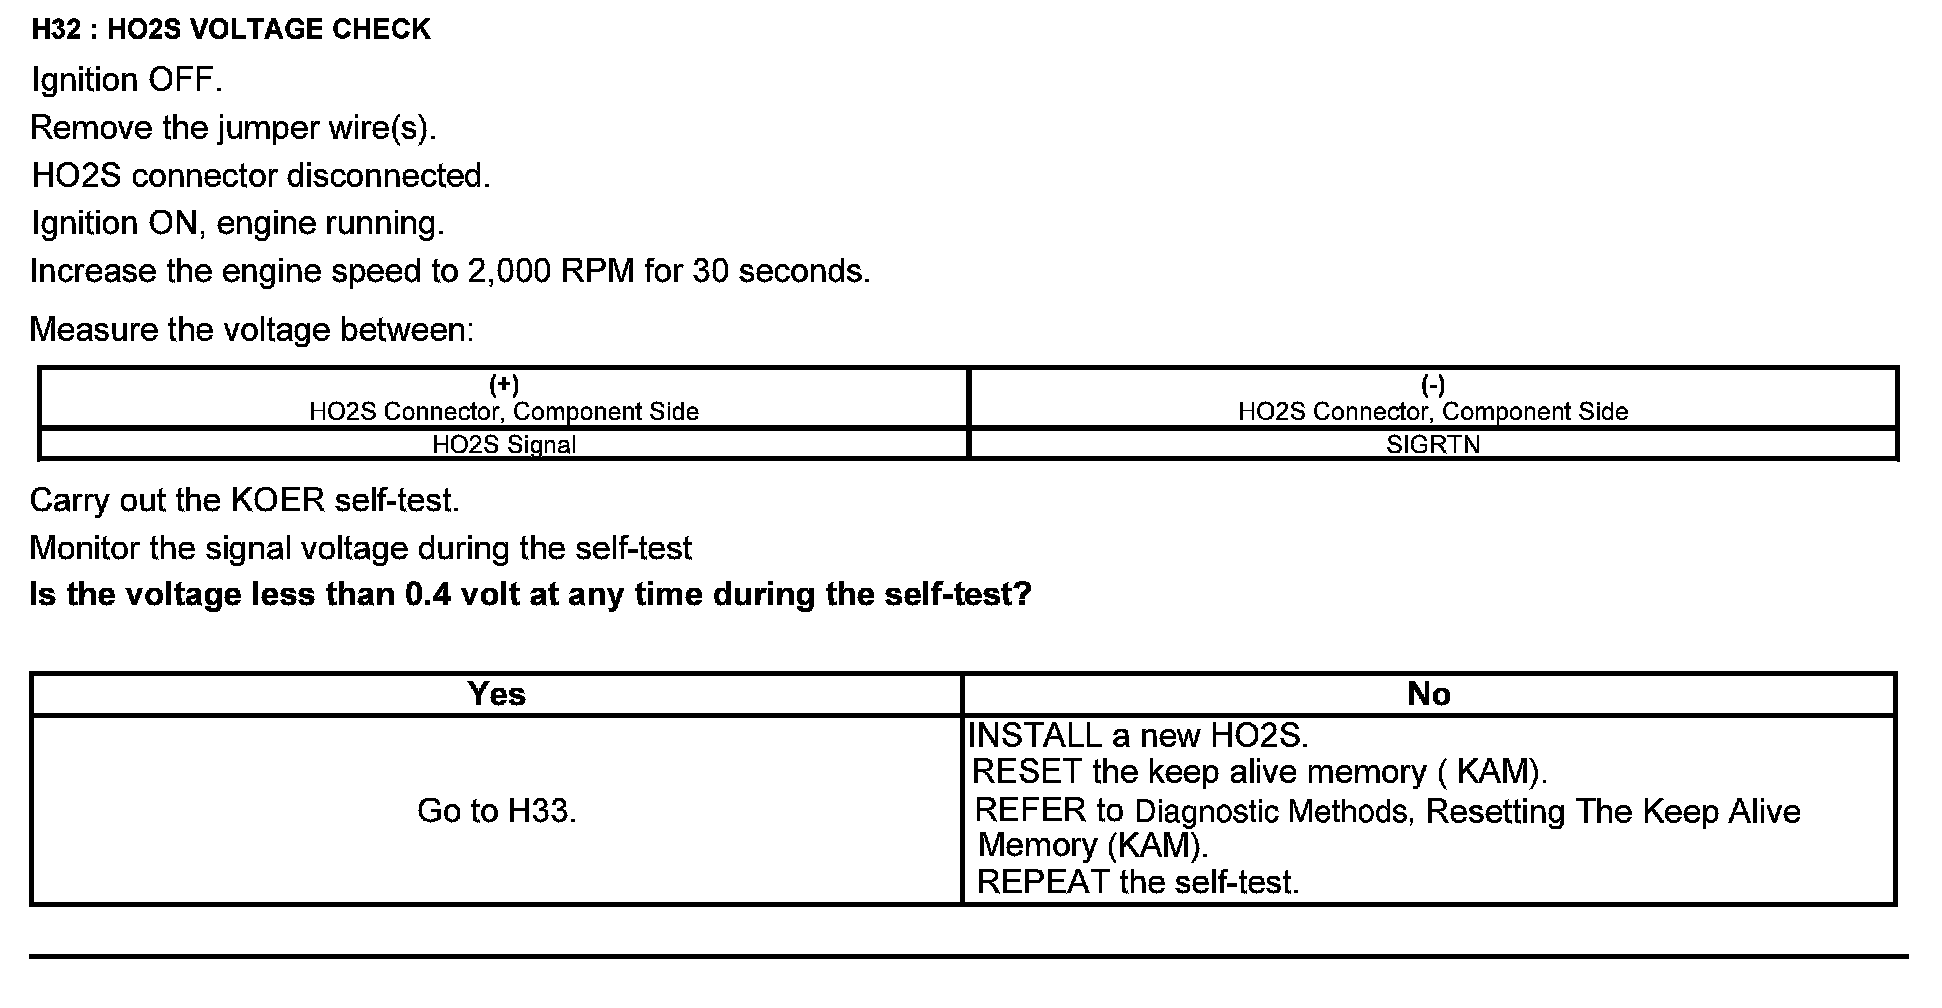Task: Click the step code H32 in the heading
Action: [x=56, y=30]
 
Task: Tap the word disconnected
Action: [x=388, y=176]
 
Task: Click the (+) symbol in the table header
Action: [x=503, y=385]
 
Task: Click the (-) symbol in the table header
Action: [x=1433, y=385]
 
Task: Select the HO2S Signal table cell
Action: [x=503, y=445]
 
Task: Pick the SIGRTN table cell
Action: [x=1433, y=445]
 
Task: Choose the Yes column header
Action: [x=496, y=694]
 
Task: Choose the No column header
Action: [x=1428, y=694]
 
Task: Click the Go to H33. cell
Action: [x=496, y=810]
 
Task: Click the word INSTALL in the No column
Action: [x=1034, y=736]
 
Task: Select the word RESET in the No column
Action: [x=1027, y=772]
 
